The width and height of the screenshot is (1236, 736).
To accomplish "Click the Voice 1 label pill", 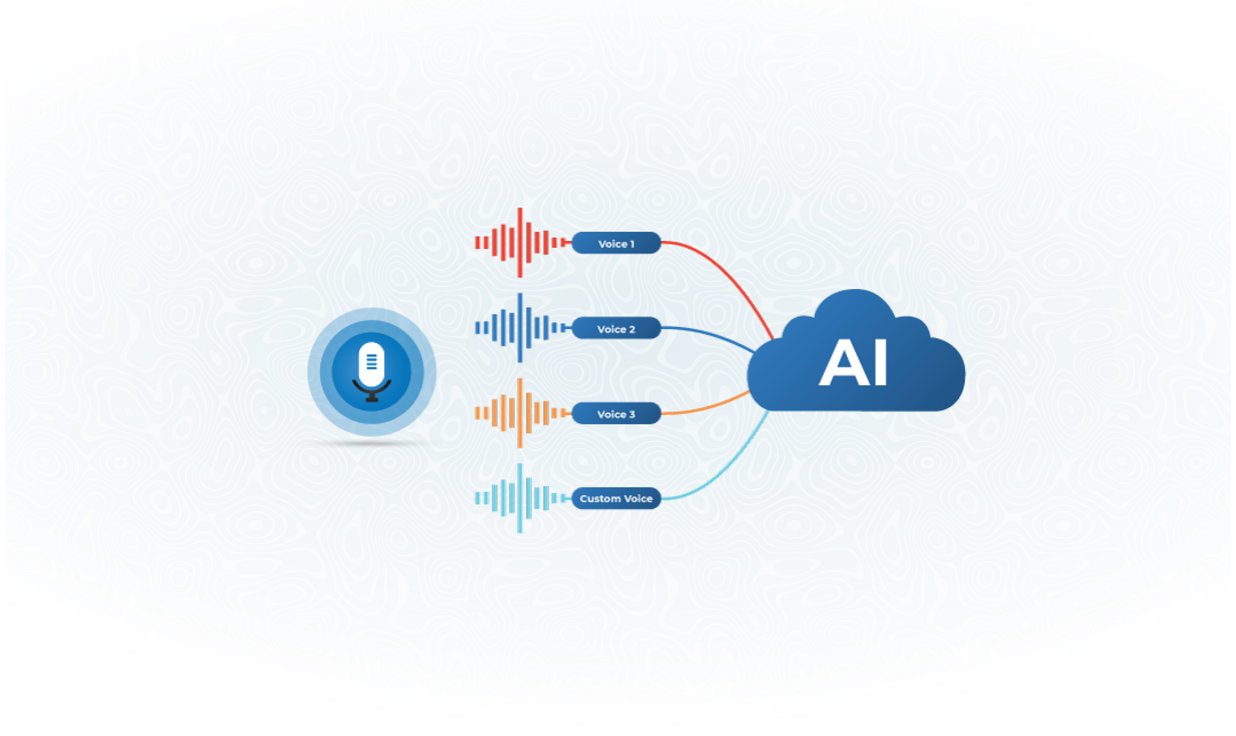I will click(x=616, y=243).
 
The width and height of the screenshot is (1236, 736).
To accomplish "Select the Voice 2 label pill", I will click(x=616, y=328).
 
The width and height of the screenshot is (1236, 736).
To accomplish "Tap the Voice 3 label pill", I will click(x=616, y=413).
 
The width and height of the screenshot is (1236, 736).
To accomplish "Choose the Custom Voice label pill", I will click(x=616, y=498).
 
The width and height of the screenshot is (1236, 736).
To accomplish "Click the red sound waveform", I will click(x=520, y=243).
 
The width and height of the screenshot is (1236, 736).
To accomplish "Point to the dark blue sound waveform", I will click(x=520, y=328).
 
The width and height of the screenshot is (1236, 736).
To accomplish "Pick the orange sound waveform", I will click(x=520, y=413).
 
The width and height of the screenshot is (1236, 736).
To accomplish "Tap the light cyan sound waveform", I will click(x=520, y=498).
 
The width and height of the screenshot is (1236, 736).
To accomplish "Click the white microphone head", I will click(x=371, y=364).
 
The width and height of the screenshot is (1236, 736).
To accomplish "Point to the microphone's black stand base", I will click(x=371, y=399).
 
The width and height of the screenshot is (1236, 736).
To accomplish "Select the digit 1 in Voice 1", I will click(x=632, y=244).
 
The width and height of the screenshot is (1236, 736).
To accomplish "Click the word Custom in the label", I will click(x=600, y=498).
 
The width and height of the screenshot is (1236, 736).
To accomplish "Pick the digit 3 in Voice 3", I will click(x=632, y=414).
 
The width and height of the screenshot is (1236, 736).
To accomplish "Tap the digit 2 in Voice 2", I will click(x=632, y=329).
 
